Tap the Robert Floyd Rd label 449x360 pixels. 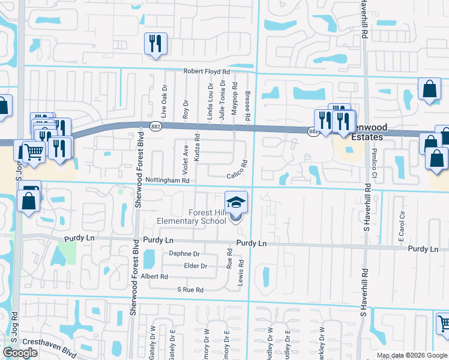coord(206,71)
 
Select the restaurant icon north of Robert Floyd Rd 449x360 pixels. coord(155,43)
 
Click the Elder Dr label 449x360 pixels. coord(196,266)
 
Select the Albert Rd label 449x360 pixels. coord(155,277)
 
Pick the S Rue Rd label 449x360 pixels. coord(190,290)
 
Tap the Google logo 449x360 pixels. coord(20,353)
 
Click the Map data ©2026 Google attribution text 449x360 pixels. coord(412,355)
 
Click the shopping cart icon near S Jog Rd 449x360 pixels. coord(33,151)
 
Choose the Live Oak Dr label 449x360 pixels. coord(163,101)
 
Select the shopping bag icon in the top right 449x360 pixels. coord(430,89)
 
